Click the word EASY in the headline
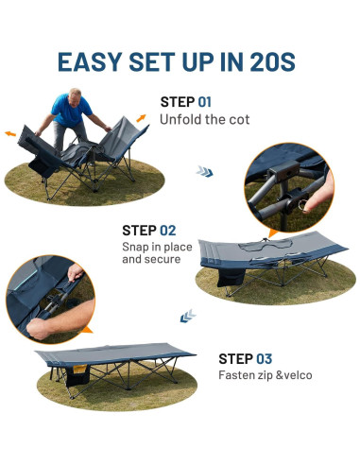click(x=92, y=61)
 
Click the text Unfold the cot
click(x=205, y=119)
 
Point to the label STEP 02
click(x=149, y=230)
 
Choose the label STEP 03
click(x=245, y=358)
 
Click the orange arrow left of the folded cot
click(x=12, y=134)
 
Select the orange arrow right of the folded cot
click(x=141, y=117)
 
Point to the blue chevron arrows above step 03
click(x=188, y=316)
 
